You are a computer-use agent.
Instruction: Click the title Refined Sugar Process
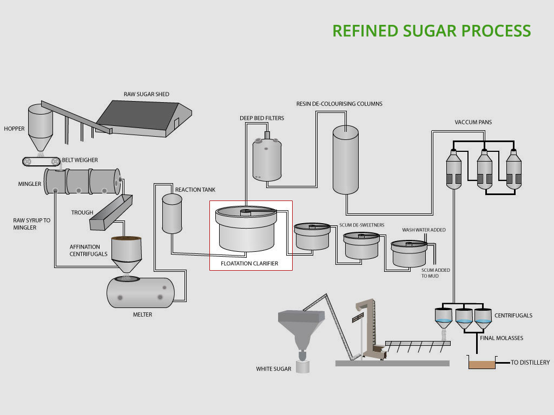[x=431, y=30]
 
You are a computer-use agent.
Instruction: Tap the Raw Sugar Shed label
[x=146, y=94]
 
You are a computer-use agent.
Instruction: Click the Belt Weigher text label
[x=80, y=160]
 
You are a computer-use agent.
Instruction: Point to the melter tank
[x=140, y=292]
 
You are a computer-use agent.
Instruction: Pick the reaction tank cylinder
[x=172, y=213]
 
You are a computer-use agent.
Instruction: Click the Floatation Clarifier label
[x=249, y=264]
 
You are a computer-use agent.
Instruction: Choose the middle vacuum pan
[x=484, y=169]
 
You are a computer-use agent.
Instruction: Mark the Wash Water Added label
[x=424, y=230]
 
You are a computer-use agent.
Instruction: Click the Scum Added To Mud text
[x=436, y=273]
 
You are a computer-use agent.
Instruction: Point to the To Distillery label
[x=530, y=362]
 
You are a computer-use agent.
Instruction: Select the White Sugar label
[x=274, y=369]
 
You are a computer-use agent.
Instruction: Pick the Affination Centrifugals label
[x=89, y=250]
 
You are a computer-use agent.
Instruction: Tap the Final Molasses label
[x=502, y=338]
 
